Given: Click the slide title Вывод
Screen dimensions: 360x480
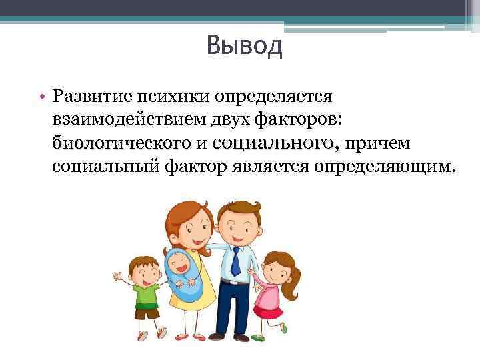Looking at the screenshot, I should [245, 46].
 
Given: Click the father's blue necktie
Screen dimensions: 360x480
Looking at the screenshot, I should [235, 261].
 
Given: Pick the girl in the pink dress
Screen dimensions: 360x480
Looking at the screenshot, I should [271, 287].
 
